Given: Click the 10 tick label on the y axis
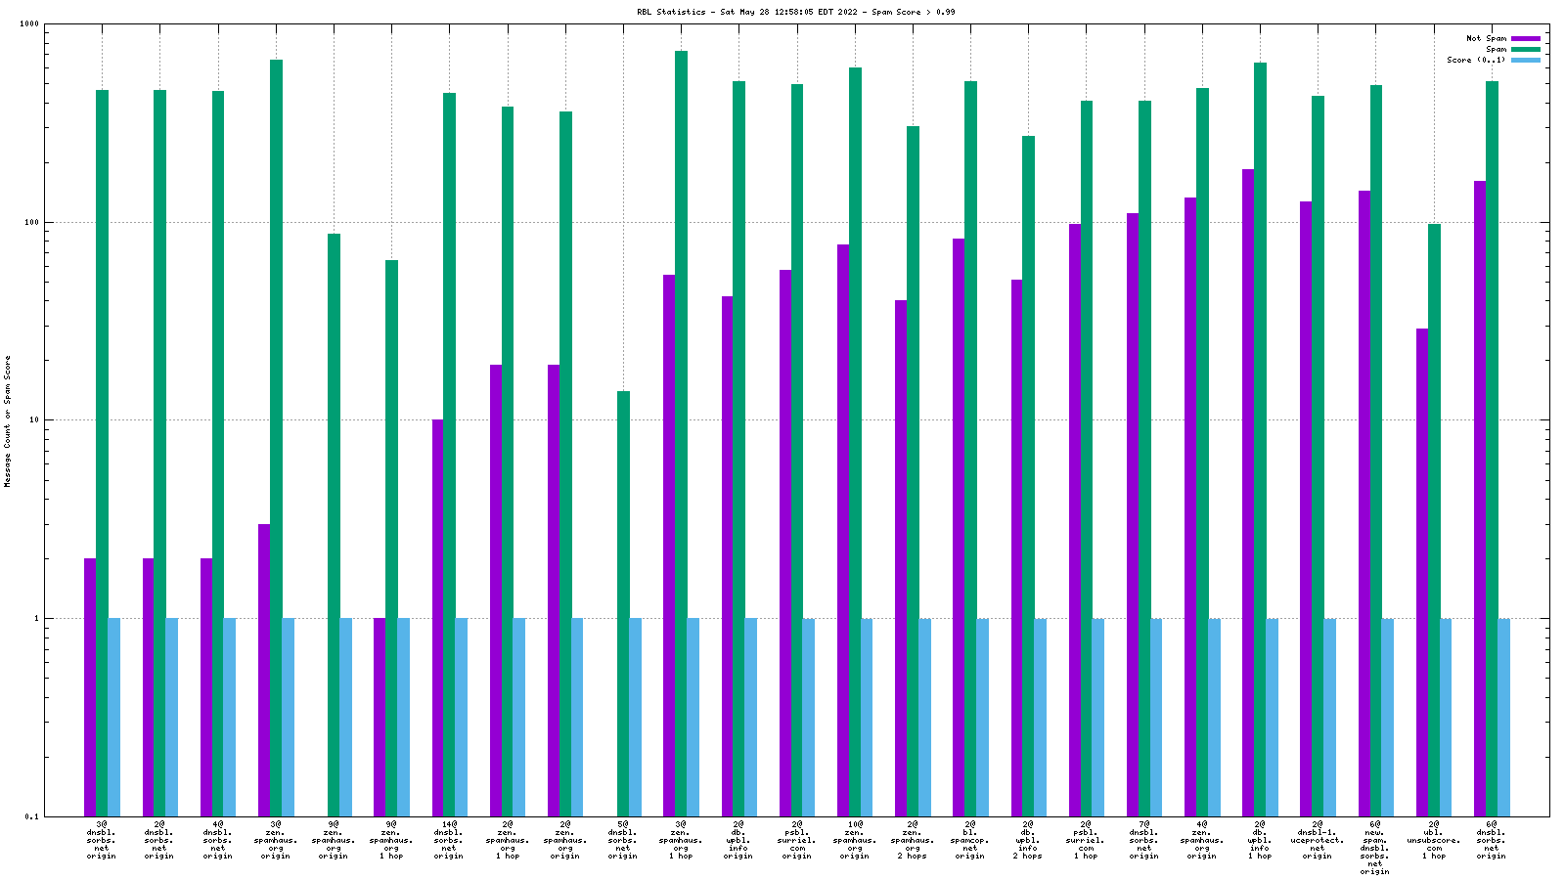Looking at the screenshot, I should click(32, 420).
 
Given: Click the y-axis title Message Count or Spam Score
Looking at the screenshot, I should click(8, 420).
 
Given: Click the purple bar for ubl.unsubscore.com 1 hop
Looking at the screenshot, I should click(1422, 572).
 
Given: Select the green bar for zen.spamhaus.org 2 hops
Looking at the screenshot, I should click(913, 470).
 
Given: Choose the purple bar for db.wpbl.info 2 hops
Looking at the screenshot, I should click(1016, 548).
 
